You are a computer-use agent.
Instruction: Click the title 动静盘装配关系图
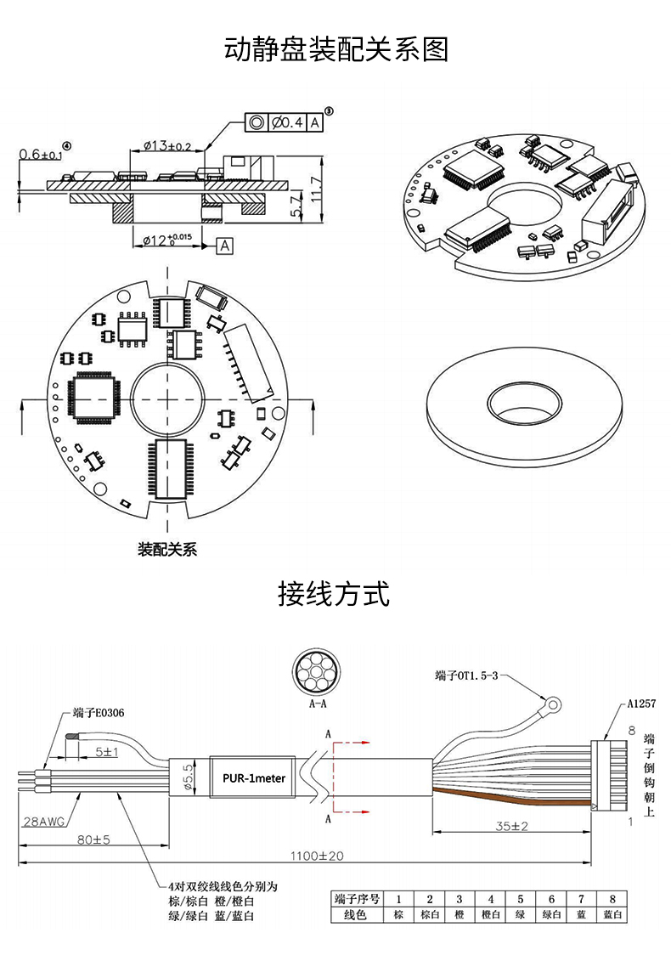coord(335,49)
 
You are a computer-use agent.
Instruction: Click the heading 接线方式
coord(334,594)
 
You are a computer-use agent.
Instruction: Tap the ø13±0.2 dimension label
coord(167,146)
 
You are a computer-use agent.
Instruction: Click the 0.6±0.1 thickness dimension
coord(41,154)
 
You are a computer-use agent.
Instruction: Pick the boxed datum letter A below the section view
coord(225,246)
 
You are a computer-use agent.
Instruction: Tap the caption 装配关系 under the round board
coord(167,549)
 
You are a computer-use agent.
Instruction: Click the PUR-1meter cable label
coord(254,778)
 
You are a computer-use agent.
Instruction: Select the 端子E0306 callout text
coord(99,713)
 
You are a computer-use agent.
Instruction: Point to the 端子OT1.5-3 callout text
coord(467,676)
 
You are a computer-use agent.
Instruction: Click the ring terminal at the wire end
coord(553,704)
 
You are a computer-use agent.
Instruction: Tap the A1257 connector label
coord(641,704)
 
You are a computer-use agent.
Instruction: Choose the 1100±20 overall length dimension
coord(317,856)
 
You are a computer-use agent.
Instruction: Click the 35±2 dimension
coord(511,826)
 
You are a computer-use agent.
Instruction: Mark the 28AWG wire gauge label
coord(43,822)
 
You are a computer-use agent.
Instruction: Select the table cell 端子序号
coord(358,899)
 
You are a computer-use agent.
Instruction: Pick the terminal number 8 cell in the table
coord(612,899)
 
